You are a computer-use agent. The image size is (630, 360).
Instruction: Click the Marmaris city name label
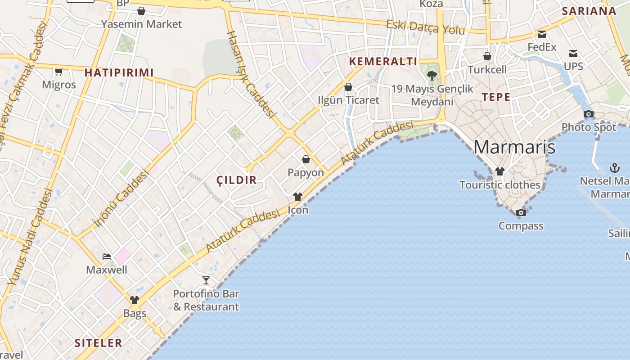tap(514, 147)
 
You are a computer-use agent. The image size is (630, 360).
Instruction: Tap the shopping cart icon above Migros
tap(58, 72)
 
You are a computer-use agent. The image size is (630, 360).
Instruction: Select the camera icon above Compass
tap(521, 212)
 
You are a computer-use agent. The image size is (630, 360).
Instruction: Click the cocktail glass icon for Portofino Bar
tap(206, 280)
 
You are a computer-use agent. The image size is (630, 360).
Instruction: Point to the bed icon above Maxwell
tap(107, 256)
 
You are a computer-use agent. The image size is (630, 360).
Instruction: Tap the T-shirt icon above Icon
tap(298, 197)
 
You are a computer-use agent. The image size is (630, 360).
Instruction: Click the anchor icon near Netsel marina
tap(614, 168)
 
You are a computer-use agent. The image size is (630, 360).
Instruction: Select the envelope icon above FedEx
tap(542, 34)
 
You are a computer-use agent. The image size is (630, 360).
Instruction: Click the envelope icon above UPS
tap(573, 54)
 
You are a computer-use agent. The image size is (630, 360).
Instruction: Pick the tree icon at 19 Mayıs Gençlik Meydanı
tap(432, 75)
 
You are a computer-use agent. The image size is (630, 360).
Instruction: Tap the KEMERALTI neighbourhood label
tap(383, 62)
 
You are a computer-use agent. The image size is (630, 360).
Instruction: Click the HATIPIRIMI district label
tap(119, 72)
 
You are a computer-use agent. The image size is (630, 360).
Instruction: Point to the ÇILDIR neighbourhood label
tap(237, 180)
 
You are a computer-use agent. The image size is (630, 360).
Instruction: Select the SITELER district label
tap(98, 343)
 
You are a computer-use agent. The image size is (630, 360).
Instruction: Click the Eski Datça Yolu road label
tap(425, 27)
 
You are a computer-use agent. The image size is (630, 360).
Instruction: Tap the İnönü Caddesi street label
tap(121, 198)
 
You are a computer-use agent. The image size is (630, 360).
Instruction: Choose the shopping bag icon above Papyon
tap(306, 159)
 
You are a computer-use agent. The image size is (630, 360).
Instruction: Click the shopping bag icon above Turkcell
tap(487, 56)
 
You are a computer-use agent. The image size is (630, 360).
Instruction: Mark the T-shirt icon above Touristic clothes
tap(500, 171)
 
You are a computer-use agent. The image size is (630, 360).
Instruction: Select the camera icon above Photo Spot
tap(588, 114)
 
